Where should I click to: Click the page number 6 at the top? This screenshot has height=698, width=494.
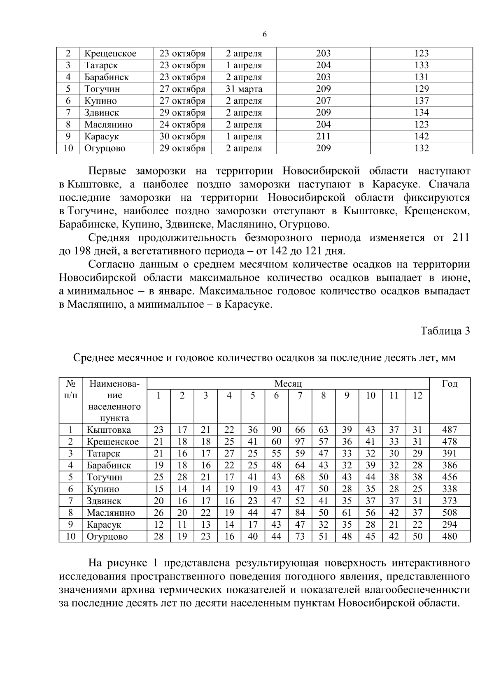coord(264,35)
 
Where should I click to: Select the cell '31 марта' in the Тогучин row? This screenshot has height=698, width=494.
coord(244,89)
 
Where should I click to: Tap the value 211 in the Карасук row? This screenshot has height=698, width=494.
coord(323,137)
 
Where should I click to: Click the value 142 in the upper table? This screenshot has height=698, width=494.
coord(421,137)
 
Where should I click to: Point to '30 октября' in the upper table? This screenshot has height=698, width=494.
coord(182,137)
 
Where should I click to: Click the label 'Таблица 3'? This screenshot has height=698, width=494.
coord(445,331)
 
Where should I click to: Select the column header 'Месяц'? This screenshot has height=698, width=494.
coord(288,384)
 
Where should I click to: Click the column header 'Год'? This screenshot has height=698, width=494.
coord(450,384)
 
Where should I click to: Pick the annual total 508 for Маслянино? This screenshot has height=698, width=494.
coord(450,513)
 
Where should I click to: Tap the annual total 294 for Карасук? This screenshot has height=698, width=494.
coord(450,525)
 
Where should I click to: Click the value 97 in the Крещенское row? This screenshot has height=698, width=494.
coord(300,442)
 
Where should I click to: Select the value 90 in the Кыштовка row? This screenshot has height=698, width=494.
coord(276,430)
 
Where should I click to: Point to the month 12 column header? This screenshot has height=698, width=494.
coord(417,396)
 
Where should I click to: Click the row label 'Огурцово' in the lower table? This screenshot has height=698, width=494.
coord(107,537)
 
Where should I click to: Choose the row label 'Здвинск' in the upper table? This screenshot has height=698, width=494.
coord(102,113)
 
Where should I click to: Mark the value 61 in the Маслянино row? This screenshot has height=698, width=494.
coord(347,513)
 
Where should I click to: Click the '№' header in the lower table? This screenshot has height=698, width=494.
coord(70,384)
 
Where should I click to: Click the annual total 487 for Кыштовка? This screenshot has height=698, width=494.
coord(450,430)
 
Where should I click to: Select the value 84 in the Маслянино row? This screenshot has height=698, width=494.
coord(300,513)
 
